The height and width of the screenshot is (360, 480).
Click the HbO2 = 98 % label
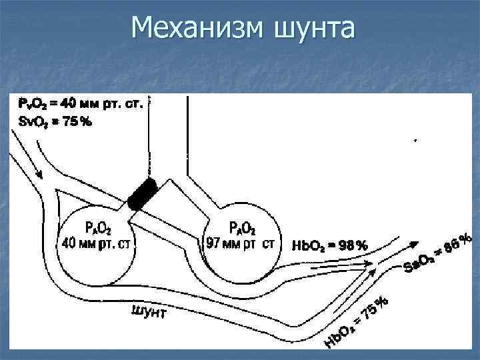click(x=329, y=245)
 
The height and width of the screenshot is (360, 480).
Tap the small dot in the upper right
click(x=416, y=141)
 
